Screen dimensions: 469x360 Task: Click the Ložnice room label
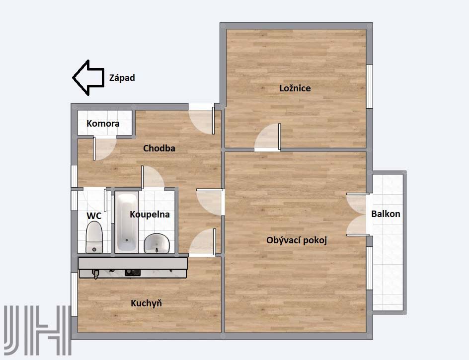pyautogui.click(x=295, y=88)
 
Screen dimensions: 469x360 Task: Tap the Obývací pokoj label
pyautogui.click(x=297, y=240)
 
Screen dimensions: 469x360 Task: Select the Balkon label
pyautogui.click(x=386, y=214)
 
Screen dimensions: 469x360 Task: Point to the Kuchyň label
pyautogui.click(x=146, y=303)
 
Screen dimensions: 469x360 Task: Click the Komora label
pyautogui.click(x=103, y=124)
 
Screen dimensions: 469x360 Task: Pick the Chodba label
pyautogui.click(x=159, y=148)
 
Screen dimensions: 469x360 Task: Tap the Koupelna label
pyautogui.click(x=150, y=215)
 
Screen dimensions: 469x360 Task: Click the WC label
pyautogui.click(x=94, y=216)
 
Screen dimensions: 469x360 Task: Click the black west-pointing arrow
pyautogui.click(x=88, y=78)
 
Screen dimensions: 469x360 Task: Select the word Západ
pyautogui.click(x=122, y=78)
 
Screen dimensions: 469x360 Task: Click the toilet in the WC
pyautogui.click(x=94, y=237)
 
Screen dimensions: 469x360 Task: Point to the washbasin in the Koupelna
pyautogui.click(x=156, y=243)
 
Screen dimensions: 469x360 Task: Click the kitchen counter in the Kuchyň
pyautogui.click(x=133, y=268)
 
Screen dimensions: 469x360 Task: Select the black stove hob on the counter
pyautogui.click(x=133, y=273)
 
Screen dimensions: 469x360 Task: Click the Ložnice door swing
pyautogui.click(x=267, y=137)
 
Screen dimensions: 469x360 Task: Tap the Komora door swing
pyautogui.click(x=105, y=148)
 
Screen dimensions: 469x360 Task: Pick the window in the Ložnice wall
pyautogui.click(x=370, y=86)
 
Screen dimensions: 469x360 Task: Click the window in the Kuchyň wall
pyautogui.click(x=74, y=294)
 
